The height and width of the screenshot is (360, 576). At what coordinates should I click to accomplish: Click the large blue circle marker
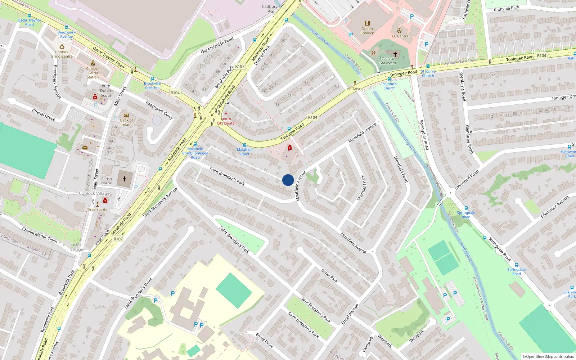click(288, 180)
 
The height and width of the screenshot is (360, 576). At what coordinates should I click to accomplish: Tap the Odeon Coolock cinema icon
click(367, 23)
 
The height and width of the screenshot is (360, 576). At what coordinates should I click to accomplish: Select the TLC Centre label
click(399, 36)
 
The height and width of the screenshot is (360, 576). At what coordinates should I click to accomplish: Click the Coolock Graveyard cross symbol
click(395, 54)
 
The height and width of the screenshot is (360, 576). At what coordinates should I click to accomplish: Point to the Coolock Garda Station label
click(93, 73)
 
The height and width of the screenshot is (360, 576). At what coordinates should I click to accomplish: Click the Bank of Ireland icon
click(126, 116)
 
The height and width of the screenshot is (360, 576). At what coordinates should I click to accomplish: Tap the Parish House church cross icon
click(125, 179)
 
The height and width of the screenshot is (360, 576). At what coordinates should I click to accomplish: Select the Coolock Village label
click(94, 193)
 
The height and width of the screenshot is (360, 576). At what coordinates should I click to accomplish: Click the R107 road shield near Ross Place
click(118, 239)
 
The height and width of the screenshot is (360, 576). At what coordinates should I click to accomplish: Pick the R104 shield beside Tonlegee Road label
click(312, 117)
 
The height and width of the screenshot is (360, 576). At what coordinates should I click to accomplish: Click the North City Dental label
click(226, 121)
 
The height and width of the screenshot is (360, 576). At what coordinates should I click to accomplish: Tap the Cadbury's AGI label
click(271, 9)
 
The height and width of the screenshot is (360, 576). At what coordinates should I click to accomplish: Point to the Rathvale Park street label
click(507, 9)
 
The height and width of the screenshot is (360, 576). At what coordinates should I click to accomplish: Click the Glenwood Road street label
click(467, 180)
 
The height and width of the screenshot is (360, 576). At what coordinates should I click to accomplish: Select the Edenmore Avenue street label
click(554, 207)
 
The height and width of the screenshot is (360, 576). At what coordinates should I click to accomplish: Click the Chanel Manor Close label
click(39, 235)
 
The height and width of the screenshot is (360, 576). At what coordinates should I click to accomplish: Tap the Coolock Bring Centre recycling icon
click(62, 47)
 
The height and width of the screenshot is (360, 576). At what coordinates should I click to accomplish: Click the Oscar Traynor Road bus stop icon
click(30, 16)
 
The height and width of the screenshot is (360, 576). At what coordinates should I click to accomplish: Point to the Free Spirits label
click(98, 210)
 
